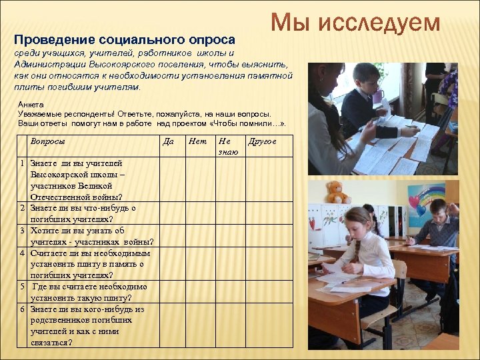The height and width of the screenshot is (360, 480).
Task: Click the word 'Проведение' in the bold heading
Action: (46, 39)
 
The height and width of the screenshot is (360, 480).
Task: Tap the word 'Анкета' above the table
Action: (31, 105)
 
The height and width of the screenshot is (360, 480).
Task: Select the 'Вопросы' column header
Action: (47, 141)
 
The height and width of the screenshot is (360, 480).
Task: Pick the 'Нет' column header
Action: (197, 141)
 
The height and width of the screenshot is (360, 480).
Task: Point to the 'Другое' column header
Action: (262, 141)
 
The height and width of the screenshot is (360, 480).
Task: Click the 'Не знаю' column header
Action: (227, 147)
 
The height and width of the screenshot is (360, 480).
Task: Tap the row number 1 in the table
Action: (22, 163)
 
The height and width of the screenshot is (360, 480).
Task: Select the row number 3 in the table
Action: (22, 231)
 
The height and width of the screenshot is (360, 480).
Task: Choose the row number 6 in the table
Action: (22, 309)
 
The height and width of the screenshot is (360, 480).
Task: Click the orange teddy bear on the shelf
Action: (338, 192)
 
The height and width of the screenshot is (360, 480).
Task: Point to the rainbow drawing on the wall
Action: (427, 195)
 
